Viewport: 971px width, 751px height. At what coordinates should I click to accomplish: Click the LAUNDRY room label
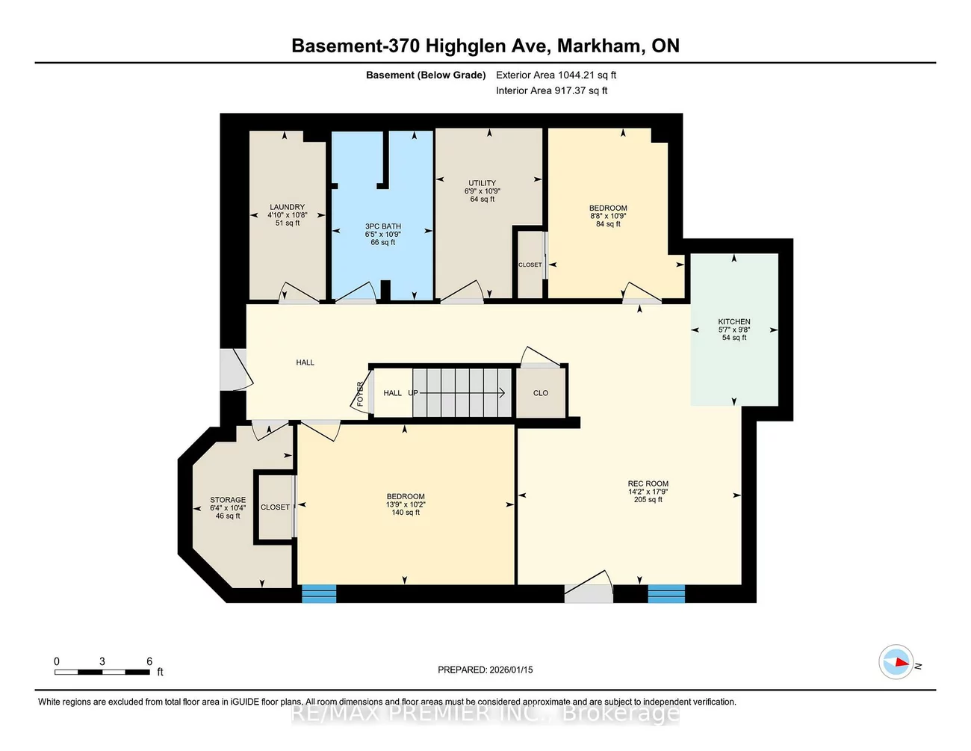pyautogui.click(x=287, y=207)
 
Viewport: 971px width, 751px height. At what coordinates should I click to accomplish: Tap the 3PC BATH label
pyautogui.click(x=382, y=226)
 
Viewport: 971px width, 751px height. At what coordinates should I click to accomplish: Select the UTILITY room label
pyautogui.click(x=482, y=183)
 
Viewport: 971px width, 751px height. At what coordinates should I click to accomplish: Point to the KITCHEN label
pyautogui.click(x=734, y=322)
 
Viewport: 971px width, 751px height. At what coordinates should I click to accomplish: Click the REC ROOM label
pyautogui.click(x=648, y=483)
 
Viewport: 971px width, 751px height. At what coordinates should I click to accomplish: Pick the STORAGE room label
pyautogui.click(x=228, y=500)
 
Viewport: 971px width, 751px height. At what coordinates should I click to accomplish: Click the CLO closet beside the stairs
pyautogui.click(x=541, y=393)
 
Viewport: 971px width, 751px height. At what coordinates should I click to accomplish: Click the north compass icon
pyautogui.click(x=896, y=662)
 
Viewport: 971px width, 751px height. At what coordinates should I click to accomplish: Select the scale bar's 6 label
pyautogui.click(x=149, y=661)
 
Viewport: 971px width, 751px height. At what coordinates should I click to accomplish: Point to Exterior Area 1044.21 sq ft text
pyautogui.click(x=556, y=75)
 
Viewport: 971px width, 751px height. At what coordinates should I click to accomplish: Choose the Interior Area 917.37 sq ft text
pyautogui.click(x=551, y=90)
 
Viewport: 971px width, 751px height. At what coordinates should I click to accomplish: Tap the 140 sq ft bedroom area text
pyautogui.click(x=406, y=513)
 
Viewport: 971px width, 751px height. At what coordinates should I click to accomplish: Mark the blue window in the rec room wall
pyautogui.click(x=666, y=594)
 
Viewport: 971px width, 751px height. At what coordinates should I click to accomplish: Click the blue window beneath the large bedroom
pyautogui.click(x=319, y=594)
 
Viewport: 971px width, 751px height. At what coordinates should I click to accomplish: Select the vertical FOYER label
pyautogui.click(x=360, y=394)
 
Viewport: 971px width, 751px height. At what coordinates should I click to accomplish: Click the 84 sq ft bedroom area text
pyautogui.click(x=608, y=224)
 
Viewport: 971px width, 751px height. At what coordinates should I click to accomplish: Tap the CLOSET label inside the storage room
pyautogui.click(x=275, y=507)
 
